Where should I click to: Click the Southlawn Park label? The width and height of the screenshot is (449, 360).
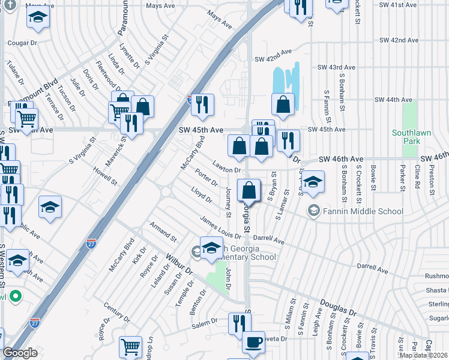pos(408,137)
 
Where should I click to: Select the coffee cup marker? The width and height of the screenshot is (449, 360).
pos(253,343)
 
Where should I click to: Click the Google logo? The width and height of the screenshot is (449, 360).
pos(20,353)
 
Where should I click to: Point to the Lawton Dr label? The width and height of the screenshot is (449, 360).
pos(226,169)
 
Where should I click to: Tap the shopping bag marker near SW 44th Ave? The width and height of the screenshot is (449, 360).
pos(283,104)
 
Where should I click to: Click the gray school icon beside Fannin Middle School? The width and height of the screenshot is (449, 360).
pos(313,211)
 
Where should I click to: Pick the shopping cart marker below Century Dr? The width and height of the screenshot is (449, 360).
pos(130,347)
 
